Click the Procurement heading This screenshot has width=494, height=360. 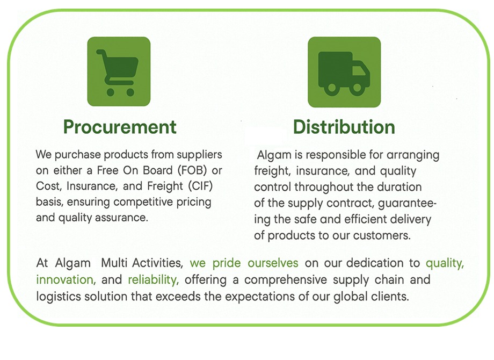[x=120, y=127]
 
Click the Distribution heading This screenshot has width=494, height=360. [x=344, y=127]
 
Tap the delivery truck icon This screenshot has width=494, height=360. [x=344, y=72]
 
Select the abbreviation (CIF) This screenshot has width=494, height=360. [x=200, y=186]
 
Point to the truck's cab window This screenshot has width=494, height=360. [x=359, y=70]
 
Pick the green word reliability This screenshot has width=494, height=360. [x=154, y=279]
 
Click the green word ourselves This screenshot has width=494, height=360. [x=273, y=263]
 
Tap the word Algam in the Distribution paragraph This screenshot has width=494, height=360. [x=274, y=155]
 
